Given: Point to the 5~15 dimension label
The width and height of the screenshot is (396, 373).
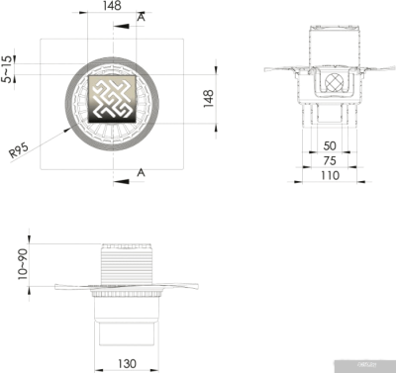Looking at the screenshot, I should (9, 68).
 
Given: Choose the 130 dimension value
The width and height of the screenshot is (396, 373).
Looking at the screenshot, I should (127, 363).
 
